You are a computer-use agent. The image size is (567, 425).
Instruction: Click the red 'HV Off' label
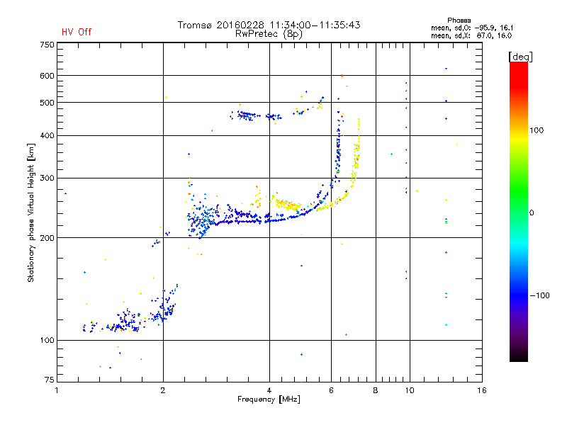[x=77, y=32]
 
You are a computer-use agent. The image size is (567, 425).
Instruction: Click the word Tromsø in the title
[x=194, y=25]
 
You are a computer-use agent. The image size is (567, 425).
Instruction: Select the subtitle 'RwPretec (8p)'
[x=269, y=34]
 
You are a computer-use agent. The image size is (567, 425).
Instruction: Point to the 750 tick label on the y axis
[x=47, y=45]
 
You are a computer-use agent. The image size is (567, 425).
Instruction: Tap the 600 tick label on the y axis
[x=47, y=76]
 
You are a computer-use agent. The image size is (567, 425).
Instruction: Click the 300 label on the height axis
[x=47, y=178]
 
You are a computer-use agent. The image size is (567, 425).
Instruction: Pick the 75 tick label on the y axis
[x=50, y=380]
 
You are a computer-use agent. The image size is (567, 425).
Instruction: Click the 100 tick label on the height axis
[x=47, y=340]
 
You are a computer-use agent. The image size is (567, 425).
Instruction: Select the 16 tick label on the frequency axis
[x=482, y=390]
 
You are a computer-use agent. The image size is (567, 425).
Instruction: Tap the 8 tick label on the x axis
[x=376, y=390]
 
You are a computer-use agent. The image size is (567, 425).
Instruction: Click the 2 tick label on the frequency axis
[x=163, y=390]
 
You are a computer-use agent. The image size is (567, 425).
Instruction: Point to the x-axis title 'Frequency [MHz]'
[x=269, y=399]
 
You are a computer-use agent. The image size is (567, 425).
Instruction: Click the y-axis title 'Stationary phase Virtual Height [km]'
[x=31, y=212]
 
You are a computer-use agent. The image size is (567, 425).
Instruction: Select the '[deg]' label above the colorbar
[x=520, y=57]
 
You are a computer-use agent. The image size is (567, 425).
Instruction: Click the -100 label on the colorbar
[x=539, y=295]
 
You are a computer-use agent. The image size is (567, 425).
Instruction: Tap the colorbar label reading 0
[x=532, y=212]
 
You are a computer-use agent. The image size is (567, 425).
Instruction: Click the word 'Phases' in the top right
[x=459, y=21]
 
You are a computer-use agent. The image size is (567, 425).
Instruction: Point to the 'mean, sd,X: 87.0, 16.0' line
[x=471, y=36]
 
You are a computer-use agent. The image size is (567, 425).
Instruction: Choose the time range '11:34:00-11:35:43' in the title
[x=315, y=25]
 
